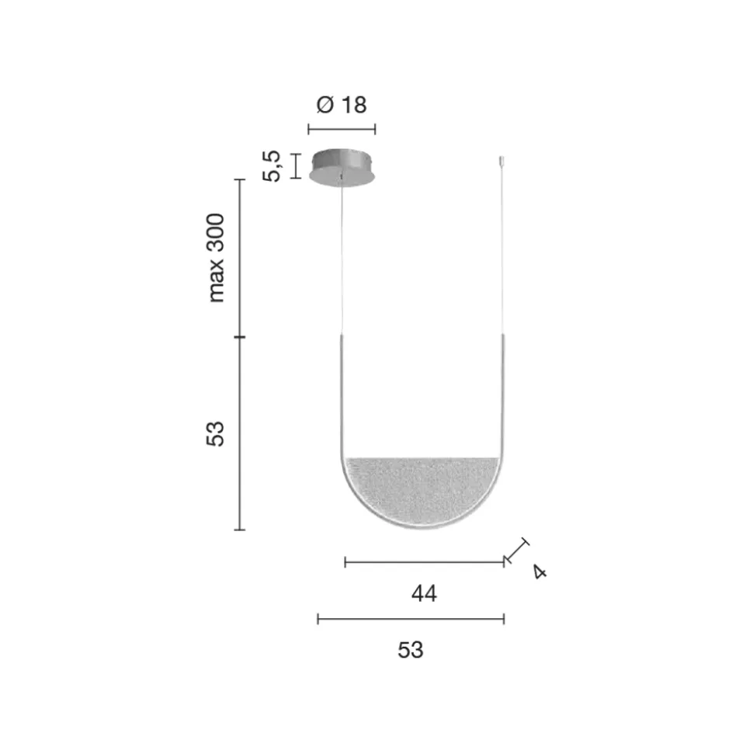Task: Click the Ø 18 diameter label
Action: click(342, 105)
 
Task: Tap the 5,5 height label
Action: click(271, 166)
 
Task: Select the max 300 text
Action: click(215, 258)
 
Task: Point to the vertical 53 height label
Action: click(215, 434)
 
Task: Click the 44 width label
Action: click(424, 593)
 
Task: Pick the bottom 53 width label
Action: click(411, 650)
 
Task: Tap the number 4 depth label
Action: click(540, 572)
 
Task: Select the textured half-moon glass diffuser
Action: click(422, 492)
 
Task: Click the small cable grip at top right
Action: click(501, 161)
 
